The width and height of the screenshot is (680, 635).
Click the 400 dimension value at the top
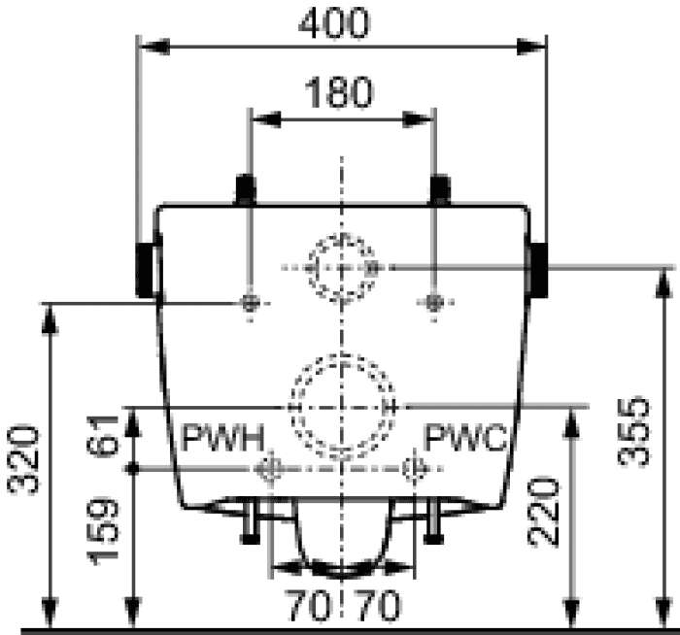(x=334, y=24)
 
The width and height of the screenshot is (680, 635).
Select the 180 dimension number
(x=338, y=92)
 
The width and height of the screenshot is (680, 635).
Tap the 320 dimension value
(x=23, y=460)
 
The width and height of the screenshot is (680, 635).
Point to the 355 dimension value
(x=634, y=431)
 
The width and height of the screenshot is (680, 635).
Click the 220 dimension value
(x=542, y=511)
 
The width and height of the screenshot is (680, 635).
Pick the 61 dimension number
(x=103, y=435)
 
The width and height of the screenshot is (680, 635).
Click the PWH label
(x=222, y=438)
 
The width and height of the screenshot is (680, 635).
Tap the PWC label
(x=465, y=438)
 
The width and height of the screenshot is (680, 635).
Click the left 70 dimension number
(x=308, y=606)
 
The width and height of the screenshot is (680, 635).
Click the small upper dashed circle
(x=342, y=235)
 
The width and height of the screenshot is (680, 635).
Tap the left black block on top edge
(x=246, y=189)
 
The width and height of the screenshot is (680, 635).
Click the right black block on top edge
(x=440, y=189)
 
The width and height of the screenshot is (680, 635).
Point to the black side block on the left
(x=146, y=270)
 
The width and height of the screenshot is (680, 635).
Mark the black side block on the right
(x=539, y=270)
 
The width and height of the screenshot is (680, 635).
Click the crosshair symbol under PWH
(x=270, y=469)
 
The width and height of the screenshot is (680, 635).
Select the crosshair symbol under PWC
(x=415, y=469)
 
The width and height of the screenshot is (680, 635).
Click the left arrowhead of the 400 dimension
(x=156, y=47)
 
